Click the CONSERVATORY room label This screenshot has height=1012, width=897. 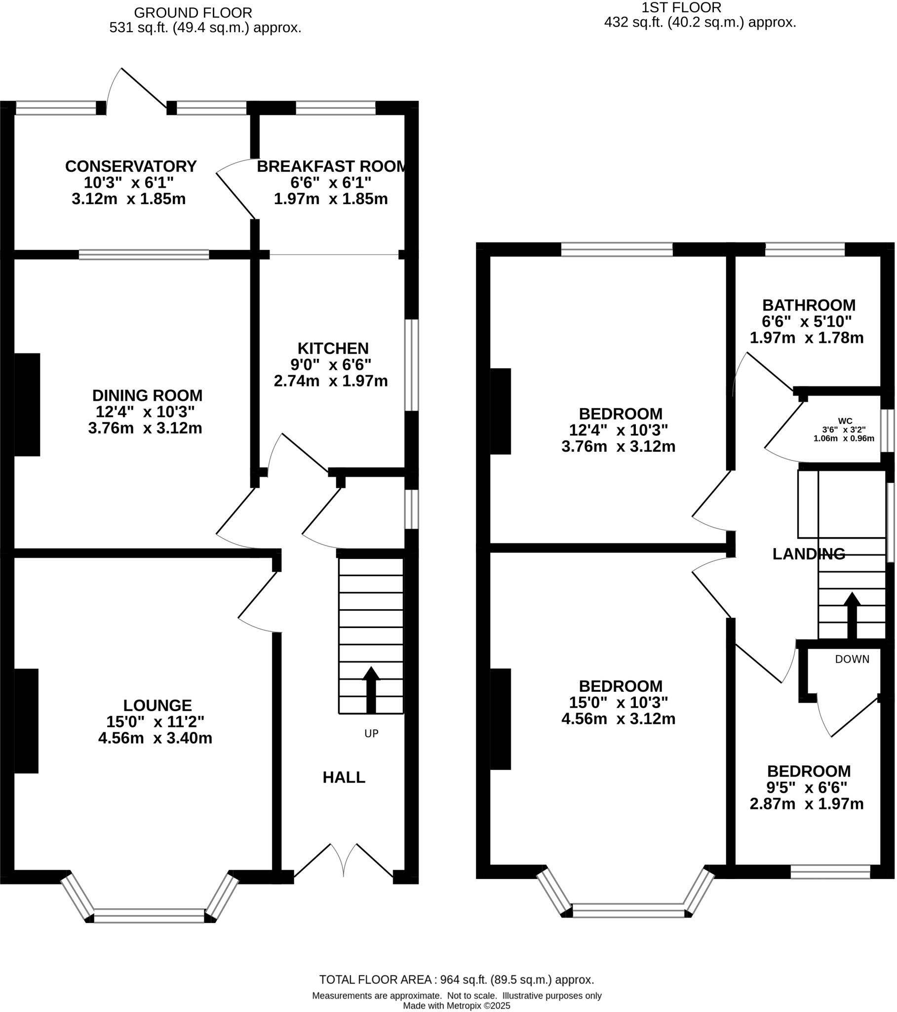pos(131,167)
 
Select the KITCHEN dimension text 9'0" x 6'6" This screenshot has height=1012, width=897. pos(330,364)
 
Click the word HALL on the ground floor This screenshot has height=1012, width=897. pos(344,777)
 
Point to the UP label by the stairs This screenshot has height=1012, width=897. pos(371,733)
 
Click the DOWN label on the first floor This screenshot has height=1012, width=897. pos(852,659)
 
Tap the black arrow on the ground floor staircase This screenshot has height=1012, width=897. pos(371,690)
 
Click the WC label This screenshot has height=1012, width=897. pos(845,422)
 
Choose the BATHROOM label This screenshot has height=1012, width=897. pos(809,305)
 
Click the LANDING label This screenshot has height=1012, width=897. pos(809,553)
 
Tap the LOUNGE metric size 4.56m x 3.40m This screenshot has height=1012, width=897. pos(155,738)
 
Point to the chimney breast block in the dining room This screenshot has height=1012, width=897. pos(27,405)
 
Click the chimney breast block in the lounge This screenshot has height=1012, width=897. pos(26,720)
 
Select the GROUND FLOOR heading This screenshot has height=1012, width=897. pos(193,12)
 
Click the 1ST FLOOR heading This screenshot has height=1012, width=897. pos(681,7)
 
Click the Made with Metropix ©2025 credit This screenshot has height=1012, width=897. pos(456,1006)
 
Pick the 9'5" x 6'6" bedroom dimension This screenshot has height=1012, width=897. pos(807,787)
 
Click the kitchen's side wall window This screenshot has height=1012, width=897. pos(411,365)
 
